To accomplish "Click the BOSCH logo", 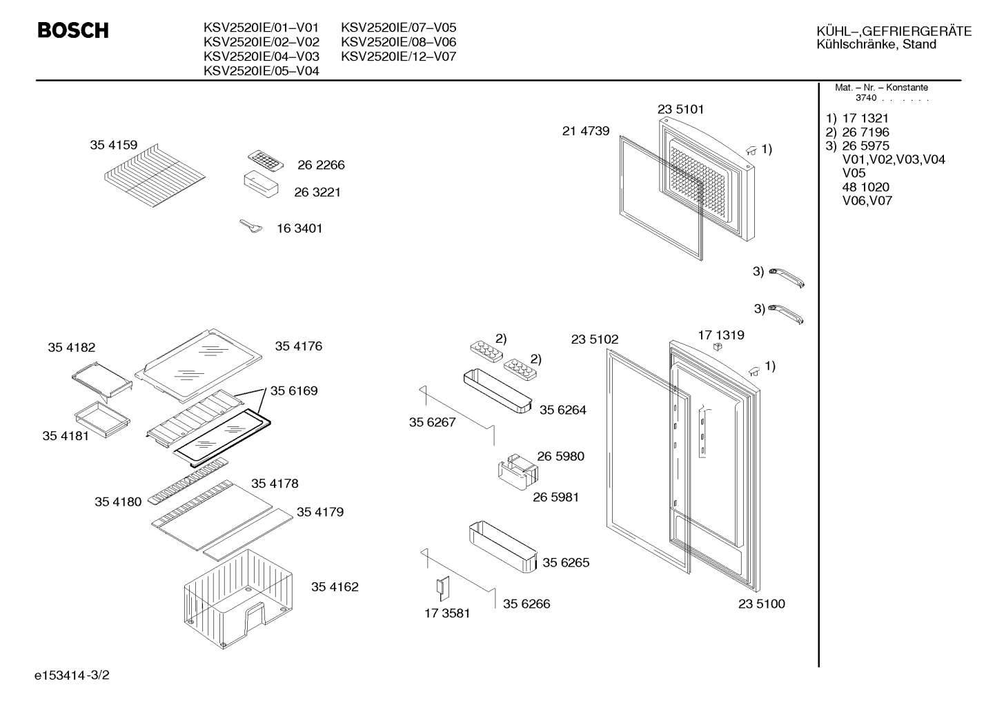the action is point(73,30).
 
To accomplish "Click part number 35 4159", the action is point(114,145).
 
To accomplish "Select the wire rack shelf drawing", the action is point(155,175).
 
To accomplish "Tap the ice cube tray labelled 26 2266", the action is point(266,160).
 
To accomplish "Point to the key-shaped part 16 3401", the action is point(251,226).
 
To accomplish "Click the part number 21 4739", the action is point(586,131).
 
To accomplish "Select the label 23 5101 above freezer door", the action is point(680,109).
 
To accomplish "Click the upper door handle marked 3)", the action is point(787,277).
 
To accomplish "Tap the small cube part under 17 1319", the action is point(717,346).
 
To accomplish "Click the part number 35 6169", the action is point(294,390).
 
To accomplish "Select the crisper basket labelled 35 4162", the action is point(239,599).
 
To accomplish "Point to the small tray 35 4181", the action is point(103,419).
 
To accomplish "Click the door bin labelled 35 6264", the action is point(497,390).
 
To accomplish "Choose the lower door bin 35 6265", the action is point(503,546).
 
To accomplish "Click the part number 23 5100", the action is point(762,604).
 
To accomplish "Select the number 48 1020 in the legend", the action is point(866,187).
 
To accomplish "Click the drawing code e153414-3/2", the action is point(72,675).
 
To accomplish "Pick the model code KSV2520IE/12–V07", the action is point(398,57).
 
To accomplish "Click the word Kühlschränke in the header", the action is point(857,44).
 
